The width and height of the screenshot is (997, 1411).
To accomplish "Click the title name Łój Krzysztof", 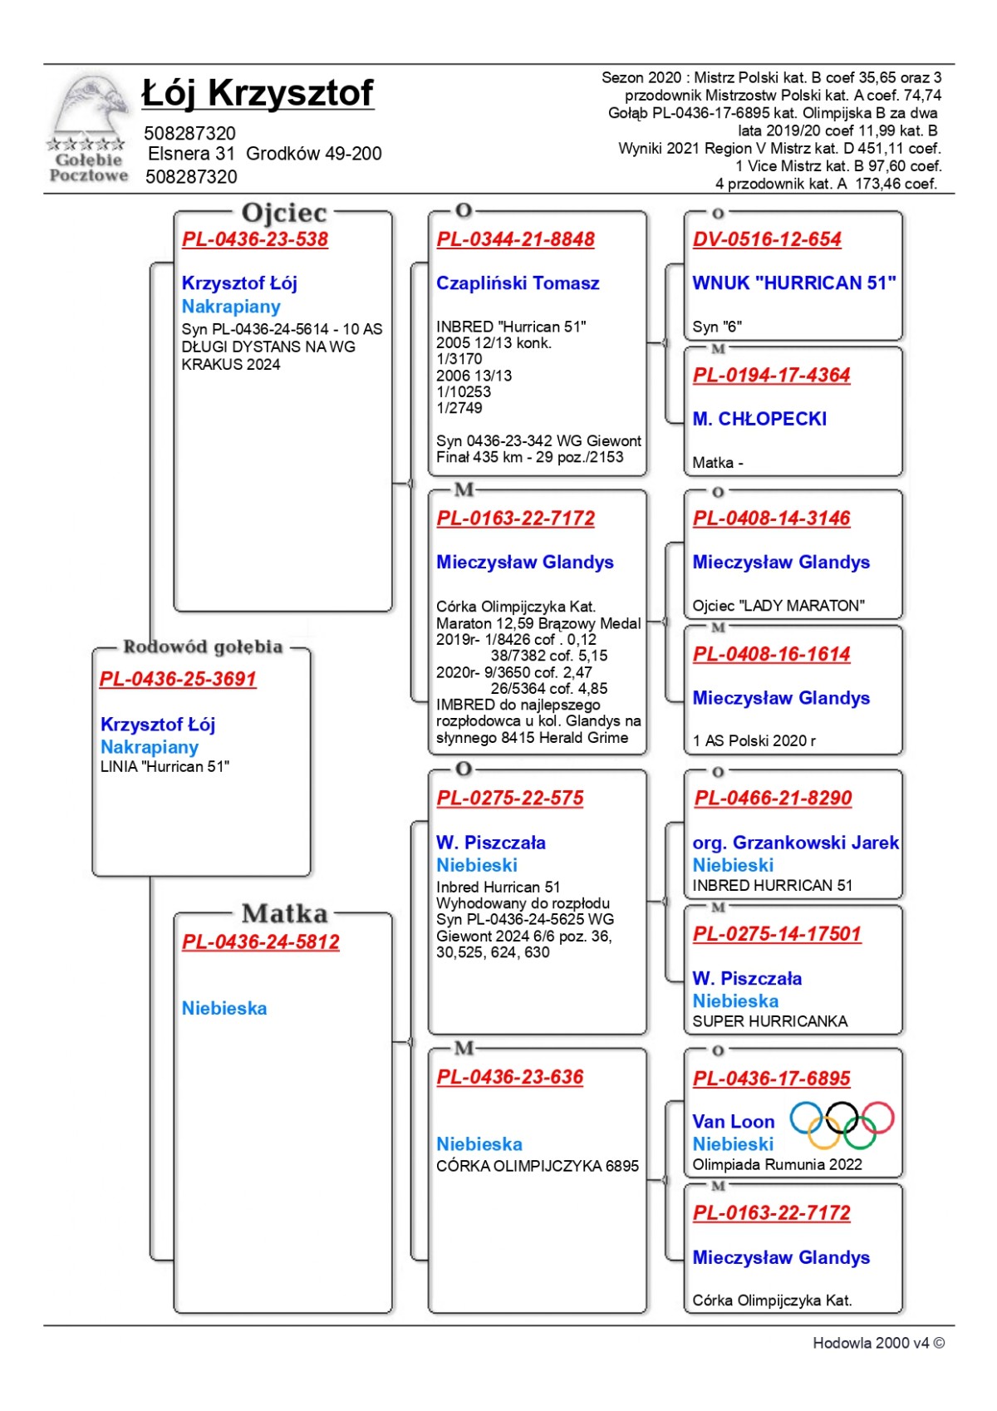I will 258,93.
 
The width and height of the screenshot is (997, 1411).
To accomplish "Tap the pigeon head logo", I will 90,108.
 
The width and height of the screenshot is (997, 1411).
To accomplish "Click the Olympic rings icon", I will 842,1123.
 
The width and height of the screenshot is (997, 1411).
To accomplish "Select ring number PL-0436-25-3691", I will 178,679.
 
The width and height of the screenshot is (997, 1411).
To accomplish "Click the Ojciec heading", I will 284,214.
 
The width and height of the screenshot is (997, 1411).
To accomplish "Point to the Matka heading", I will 284,914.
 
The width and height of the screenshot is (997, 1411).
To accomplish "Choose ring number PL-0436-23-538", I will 255,239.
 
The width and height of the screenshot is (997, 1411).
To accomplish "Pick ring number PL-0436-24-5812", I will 261,942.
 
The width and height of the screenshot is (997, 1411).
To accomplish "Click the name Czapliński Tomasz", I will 518,283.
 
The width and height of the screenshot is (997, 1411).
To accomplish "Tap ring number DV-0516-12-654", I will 767,239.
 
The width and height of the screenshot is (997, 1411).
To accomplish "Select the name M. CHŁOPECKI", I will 759,419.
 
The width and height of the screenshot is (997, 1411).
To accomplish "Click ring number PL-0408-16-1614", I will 772,654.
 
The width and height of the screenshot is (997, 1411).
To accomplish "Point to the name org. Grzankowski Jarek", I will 795,843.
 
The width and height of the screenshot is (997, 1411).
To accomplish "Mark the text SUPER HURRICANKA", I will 770,1021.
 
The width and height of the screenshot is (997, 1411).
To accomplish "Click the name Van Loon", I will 734,1122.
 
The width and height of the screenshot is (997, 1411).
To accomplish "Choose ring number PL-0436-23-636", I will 510,1077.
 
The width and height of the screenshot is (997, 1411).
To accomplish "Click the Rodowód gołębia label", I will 203,647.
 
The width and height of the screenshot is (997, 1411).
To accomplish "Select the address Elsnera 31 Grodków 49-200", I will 264,154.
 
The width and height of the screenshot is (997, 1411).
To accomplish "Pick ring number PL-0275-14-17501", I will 777,934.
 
